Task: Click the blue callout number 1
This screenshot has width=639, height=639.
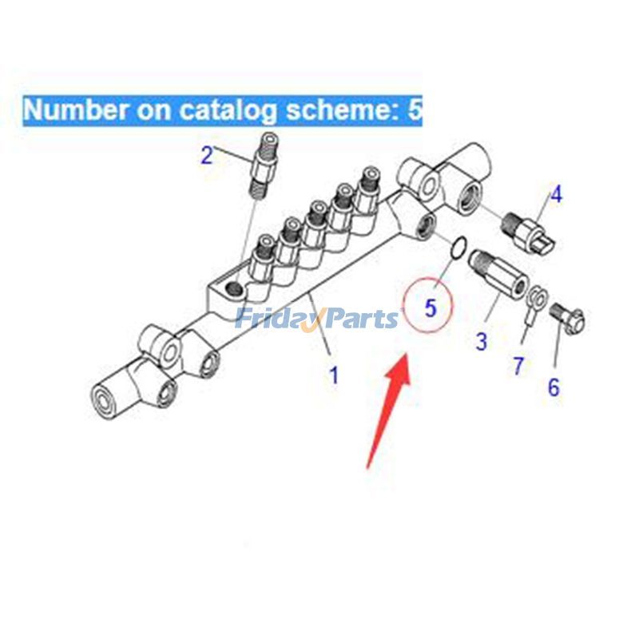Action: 334,375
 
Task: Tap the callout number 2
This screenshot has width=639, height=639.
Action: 207,155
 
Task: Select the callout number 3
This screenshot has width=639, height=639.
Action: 482,341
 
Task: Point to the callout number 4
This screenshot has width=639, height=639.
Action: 556,194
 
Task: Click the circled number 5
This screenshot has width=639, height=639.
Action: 431,308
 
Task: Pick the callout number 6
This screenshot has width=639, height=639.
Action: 554,387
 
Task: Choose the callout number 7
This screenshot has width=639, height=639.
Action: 518,366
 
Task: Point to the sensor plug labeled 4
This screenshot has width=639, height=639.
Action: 528,232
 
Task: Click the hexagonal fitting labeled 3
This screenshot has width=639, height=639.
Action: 498,272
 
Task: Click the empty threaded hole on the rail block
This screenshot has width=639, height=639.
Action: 235,289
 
